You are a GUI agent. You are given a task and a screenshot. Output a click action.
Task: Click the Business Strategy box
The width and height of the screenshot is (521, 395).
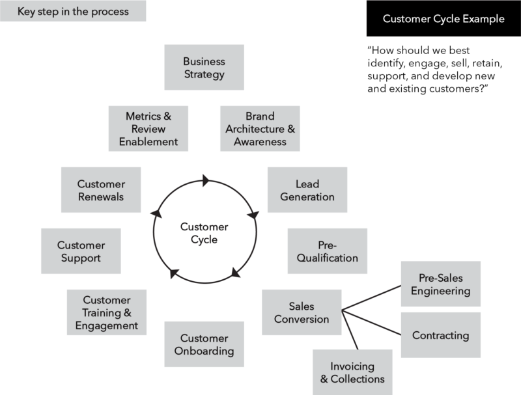(204, 68)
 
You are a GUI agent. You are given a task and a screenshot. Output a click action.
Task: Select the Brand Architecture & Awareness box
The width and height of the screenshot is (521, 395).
(260, 129)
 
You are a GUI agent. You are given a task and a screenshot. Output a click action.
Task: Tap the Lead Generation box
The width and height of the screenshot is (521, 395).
(307, 190)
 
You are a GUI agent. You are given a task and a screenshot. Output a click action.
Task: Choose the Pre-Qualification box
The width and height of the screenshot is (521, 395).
(328, 251)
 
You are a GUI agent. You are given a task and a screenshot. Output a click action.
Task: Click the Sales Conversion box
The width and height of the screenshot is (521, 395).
(301, 313)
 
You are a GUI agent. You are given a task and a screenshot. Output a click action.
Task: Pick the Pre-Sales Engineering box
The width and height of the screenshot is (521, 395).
(440, 284)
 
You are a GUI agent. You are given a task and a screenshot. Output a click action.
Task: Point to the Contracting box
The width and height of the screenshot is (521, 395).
(440, 336)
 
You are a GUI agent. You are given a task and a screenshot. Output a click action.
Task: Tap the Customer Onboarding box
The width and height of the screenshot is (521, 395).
(204, 345)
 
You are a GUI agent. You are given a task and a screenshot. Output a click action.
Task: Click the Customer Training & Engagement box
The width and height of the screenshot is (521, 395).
(106, 313)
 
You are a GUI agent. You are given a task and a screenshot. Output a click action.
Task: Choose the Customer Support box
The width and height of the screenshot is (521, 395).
(81, 251)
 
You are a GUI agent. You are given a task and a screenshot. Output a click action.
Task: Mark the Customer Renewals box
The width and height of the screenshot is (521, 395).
(100, 190)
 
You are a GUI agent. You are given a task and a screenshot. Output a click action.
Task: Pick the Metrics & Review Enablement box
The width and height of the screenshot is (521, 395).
(148, 129)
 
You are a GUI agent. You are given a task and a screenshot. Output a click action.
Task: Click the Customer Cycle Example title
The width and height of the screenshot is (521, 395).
(443, 19)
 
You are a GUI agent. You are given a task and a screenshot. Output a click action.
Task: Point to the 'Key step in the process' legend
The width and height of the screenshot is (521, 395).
(74, 12)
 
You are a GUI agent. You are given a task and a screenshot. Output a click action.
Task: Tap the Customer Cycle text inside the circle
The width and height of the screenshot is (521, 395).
(204, 233)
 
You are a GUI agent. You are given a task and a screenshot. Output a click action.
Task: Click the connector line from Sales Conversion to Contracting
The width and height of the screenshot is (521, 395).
(371, 323)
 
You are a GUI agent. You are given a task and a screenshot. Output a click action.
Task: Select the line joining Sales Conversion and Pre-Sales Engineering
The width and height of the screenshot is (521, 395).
(371, 296)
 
